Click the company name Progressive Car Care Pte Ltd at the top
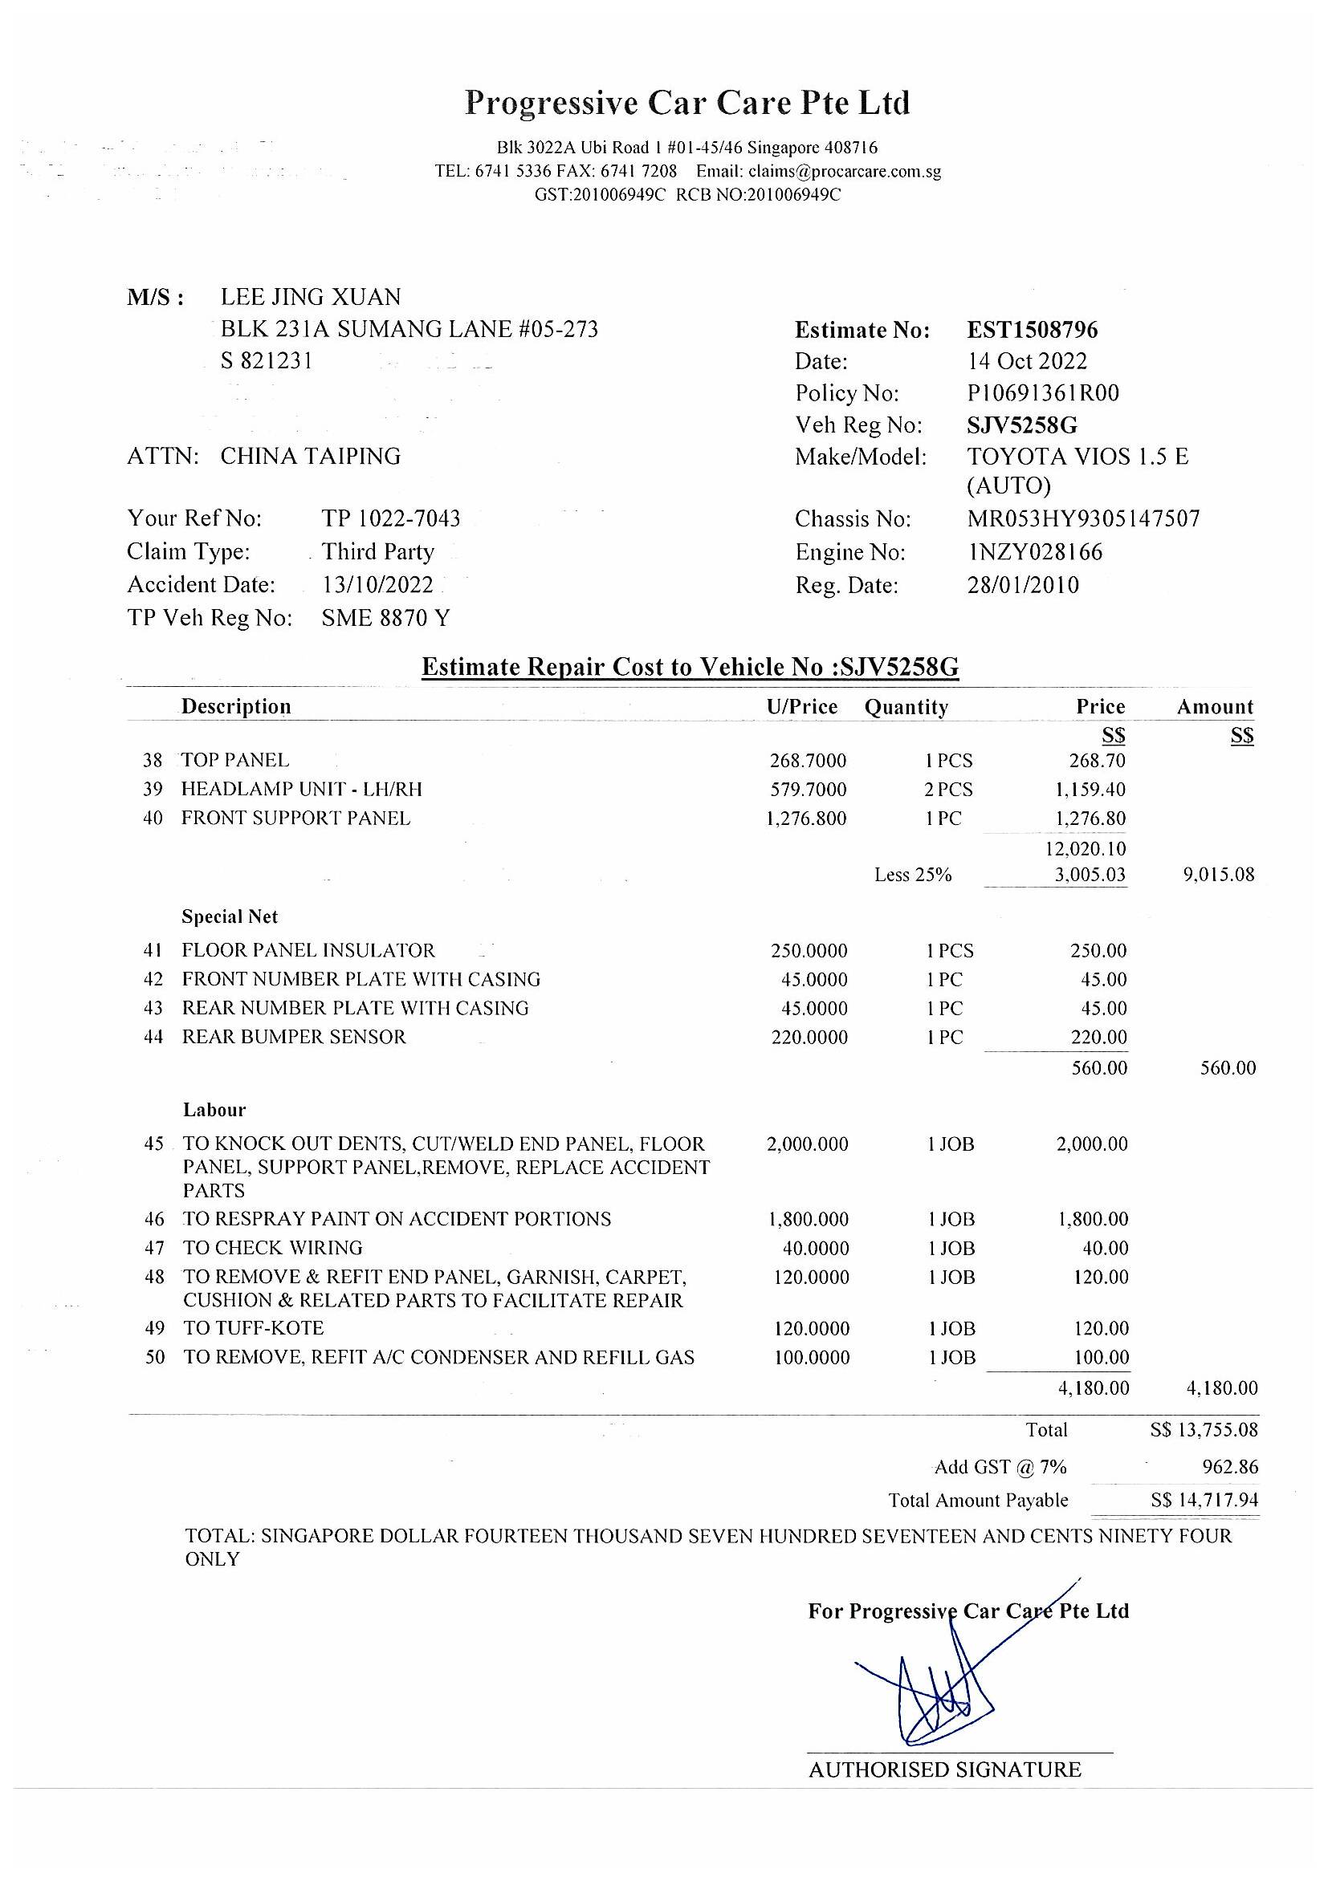[687, 104]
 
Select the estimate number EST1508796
[1032, 331]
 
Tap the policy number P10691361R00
[1043, 393]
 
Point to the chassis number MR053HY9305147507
[1082, 519]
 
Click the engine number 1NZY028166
[1034, 553]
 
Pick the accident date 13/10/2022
[378, 585]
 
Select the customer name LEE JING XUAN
[311, 297]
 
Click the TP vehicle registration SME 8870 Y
[386, 618]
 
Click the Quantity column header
[906, 707]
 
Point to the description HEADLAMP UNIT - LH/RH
[302, 789]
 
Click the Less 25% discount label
[913, 875]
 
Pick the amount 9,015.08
[1219, 875]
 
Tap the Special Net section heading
[230, 917]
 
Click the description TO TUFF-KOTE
[254, 1328]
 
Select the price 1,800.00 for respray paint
[1093, 1220]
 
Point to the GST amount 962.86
[1230, 1467]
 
